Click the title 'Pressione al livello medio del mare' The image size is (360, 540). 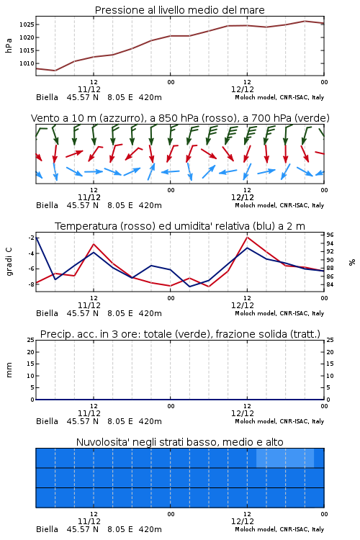[x=179, y=10]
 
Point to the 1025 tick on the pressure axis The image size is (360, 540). [x=27, y=24]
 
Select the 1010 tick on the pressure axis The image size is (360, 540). [x=27, y=63]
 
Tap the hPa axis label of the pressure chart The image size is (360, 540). [x=9, y=45]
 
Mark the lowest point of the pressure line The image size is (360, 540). [x=55, y=71]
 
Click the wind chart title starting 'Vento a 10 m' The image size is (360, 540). [x=180, y=118]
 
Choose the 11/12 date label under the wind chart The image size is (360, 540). [x=89, y=197]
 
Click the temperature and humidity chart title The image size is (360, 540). [x=180, y=226]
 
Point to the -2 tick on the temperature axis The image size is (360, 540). [x=31, y=238]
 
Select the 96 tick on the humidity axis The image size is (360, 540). [x=330, y=235]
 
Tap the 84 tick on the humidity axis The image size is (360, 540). [x=330, y=284]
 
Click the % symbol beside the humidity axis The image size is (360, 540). [x=352, y=262]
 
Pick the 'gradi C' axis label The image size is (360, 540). [x=9, y=261]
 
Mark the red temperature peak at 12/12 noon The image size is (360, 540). [x=247, y=238]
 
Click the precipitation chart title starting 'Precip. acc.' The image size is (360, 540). [x=180, y=334]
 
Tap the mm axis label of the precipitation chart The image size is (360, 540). [x=9, y=369]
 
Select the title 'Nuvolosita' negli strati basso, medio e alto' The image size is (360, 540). [x=179, y=442]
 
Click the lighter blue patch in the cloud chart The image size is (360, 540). [x=285, y=458]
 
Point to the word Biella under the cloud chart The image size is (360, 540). [x=48, y=529]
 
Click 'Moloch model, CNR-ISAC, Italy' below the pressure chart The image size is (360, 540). [x=279, y=97]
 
